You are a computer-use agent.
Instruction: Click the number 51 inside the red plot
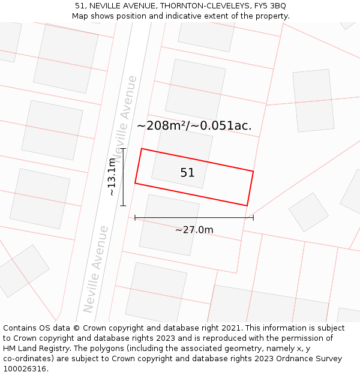187,173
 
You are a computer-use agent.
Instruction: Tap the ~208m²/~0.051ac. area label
194,126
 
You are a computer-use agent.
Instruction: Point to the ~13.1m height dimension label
112,177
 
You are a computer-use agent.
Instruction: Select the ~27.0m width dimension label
194,230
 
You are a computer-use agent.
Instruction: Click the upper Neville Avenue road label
127,119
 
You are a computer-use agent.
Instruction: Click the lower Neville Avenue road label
96,269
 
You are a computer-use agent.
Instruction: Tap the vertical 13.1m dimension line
123,177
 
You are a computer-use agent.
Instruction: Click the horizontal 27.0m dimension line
194,217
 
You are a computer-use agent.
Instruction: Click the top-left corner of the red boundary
142,149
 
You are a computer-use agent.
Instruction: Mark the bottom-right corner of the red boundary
247,206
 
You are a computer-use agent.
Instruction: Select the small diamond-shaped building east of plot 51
308,212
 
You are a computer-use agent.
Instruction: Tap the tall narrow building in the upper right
313,100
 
